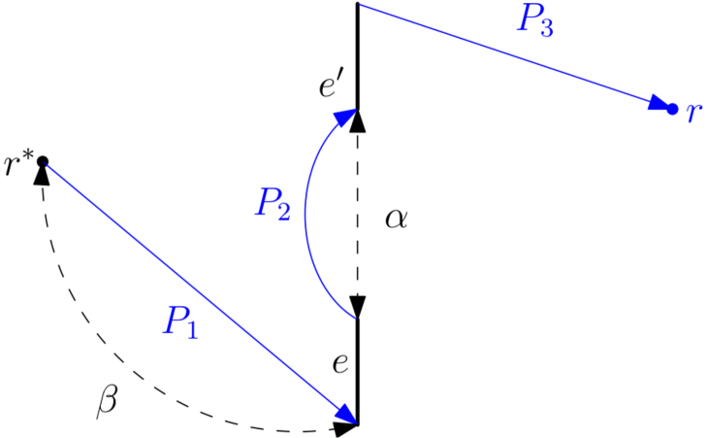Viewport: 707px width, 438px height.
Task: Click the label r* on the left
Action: [17, 163]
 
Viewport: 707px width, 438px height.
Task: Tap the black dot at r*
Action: [43, 161]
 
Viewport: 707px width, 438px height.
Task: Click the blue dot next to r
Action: [672, 108]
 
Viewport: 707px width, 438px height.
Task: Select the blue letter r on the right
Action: [692, 112]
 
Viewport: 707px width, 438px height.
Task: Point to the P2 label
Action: [273, 203]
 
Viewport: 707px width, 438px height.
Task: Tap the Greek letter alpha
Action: [396, 219]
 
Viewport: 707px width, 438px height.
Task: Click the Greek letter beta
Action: [108, 400]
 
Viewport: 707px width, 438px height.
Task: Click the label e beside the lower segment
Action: [339, 364]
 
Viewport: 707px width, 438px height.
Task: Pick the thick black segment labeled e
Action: [358, 374]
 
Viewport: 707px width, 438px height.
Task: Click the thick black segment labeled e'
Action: [358, 58]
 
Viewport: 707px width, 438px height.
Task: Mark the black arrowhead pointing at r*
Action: [43, 174]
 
